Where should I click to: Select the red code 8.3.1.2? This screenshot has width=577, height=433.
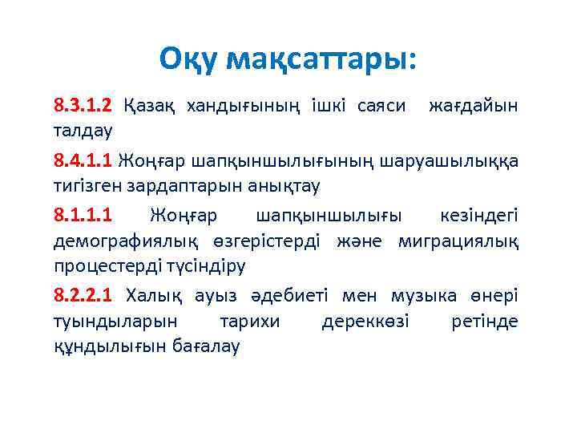(83, 105)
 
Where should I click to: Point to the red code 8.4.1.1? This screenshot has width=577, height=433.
(83, 161)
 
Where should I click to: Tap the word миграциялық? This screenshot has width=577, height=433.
(464, 241)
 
